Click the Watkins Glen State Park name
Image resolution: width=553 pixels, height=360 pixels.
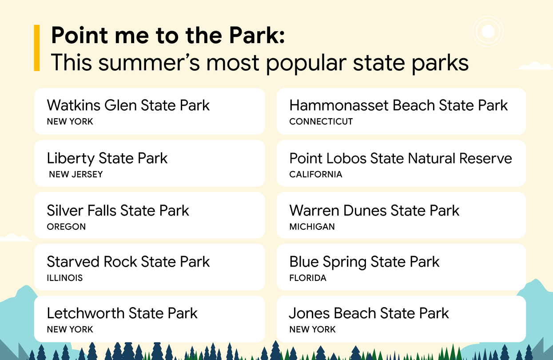128,105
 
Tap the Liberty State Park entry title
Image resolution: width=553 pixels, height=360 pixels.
107,158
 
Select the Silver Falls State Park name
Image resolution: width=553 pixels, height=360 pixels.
118,210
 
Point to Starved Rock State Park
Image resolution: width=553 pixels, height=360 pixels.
128,262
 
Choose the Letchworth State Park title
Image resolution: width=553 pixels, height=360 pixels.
122,313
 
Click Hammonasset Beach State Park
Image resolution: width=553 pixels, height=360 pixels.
398,105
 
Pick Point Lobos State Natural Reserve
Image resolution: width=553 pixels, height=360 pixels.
401,158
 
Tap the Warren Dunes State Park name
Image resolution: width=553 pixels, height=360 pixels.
374,210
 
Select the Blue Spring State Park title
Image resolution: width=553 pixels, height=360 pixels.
364,262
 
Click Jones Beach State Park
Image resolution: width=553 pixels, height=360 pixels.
369,313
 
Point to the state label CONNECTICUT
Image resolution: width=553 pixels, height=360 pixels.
321,122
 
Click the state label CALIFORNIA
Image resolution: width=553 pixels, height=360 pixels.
315,174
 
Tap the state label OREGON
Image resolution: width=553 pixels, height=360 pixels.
66,227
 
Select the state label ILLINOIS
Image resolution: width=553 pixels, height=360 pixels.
65,278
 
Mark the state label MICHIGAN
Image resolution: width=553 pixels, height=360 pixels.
312,227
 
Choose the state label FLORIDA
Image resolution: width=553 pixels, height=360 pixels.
308,278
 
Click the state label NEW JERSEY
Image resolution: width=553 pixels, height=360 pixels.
76,174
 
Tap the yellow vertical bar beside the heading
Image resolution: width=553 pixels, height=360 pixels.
37,48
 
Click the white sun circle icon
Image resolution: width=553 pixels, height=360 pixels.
488,31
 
